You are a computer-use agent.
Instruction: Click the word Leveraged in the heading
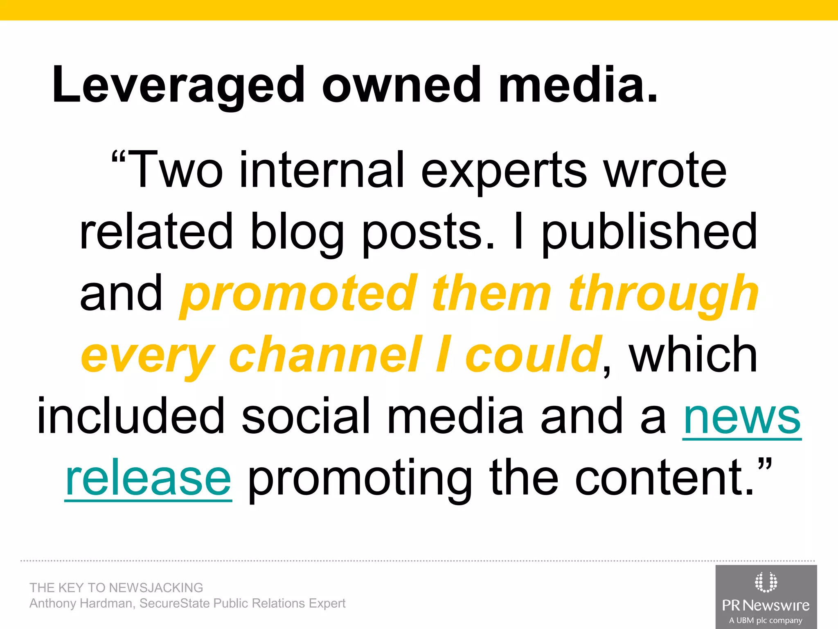(x=178, y=85)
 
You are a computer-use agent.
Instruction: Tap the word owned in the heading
(x=401, y=85)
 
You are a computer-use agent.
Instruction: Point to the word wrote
(x=665, y=170)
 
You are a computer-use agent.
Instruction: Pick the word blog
(x=297, y=233)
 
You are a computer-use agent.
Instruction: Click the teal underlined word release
(x=148, y=478)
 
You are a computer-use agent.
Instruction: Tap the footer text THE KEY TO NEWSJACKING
(x=116, y=588)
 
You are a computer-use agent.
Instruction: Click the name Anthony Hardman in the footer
(x=81, y=604)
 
